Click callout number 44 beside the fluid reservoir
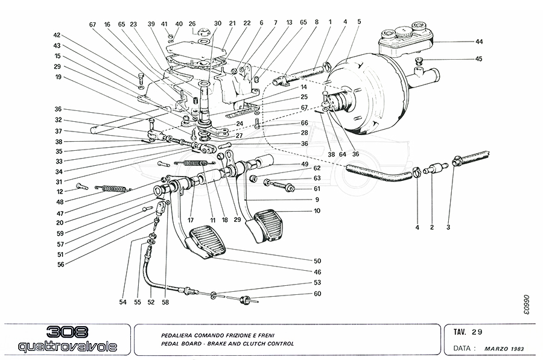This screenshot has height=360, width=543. pos(479,42)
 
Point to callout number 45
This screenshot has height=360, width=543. pos(479,59)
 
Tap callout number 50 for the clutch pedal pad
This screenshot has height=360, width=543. pos(317,261)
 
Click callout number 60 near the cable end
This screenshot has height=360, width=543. pos(317,294)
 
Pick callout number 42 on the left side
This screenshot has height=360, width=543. pos(57,35)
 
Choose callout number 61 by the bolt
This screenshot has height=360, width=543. pos(317,189)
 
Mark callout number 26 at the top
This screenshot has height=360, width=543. pos(192,24)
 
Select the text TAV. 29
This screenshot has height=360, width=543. pos(468,331)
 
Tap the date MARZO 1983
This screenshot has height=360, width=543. pos(507,349)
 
